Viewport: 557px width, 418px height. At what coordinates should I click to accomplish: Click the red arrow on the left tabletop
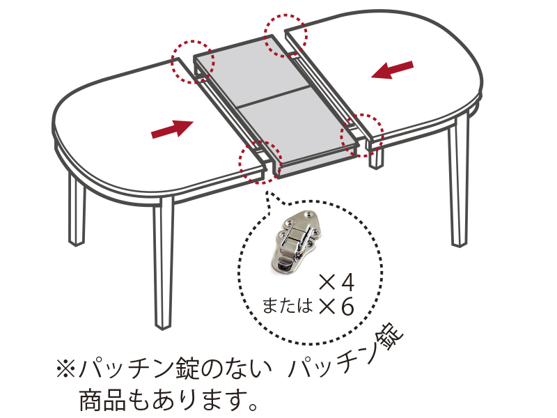(x=173, y=129)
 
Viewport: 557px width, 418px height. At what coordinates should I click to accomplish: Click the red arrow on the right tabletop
(x=392, y=70)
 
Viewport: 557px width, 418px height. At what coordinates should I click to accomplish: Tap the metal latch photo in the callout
(x=297, y=241)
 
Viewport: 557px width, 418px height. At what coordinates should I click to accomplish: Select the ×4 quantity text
(x=337, y=284)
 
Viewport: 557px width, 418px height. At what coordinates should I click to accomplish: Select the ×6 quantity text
(x=337, y=307)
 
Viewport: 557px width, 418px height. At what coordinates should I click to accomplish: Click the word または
(x=288, y=306)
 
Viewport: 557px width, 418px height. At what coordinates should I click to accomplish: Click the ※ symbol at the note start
(x=65, y=369)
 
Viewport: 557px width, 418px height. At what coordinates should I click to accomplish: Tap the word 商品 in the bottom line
(x=102, y=400)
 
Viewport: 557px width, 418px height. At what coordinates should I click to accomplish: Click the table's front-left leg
(x=164, y=263)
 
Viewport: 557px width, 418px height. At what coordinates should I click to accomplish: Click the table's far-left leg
(x=77, y=210)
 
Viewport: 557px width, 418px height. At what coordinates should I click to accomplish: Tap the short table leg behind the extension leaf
(x=376, y=157)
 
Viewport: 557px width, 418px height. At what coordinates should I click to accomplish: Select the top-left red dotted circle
(x=193, y=62)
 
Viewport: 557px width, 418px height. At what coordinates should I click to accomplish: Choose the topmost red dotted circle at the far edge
(x=285, y=36)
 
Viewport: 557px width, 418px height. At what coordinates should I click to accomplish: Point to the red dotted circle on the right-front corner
(x=362, y=135)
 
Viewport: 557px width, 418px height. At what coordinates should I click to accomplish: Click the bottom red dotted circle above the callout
(x=260, y=162)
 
